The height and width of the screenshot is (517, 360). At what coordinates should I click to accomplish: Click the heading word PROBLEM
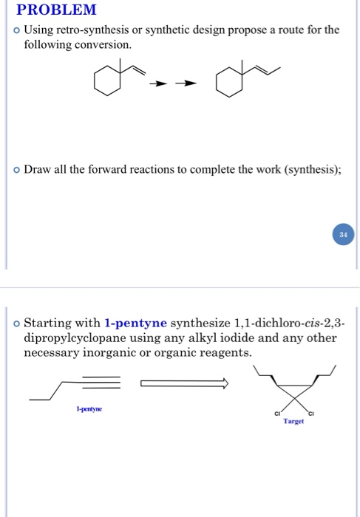[57, 10]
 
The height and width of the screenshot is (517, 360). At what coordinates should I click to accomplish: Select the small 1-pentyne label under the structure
[88, 408]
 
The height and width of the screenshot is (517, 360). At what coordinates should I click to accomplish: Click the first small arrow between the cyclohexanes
[155, 83]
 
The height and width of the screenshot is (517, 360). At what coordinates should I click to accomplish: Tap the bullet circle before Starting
[16, 324]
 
